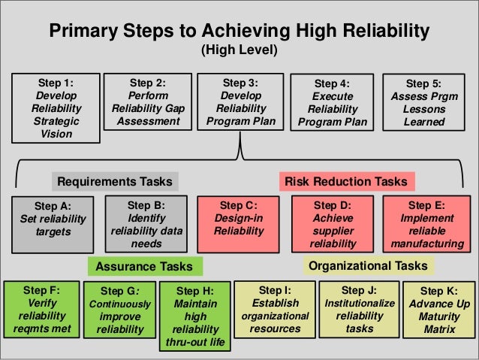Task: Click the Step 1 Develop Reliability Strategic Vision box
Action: click(56, 107)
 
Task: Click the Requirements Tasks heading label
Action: click(115, 181)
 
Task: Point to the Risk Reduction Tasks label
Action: click(347, 181)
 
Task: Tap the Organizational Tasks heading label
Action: click(368, 265)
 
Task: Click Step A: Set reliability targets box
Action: click(53, 219)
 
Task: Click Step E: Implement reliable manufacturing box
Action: click(426, 223)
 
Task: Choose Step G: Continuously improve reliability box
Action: click(120, 310)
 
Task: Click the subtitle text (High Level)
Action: click(239, 51)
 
